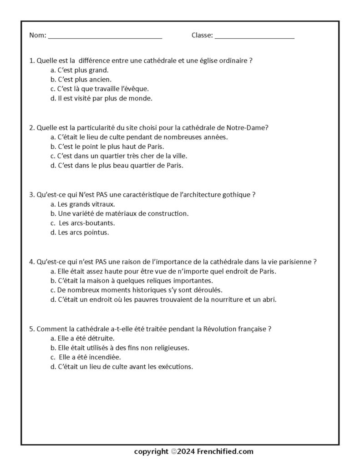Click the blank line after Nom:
[x=105, y=36]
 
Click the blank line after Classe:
[x=254, y=36]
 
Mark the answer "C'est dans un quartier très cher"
[x=118, y=156]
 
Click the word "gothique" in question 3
[x=237, y=194]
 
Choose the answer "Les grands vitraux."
[x=83, y=204]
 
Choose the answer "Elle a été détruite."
[x=82, y=338]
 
